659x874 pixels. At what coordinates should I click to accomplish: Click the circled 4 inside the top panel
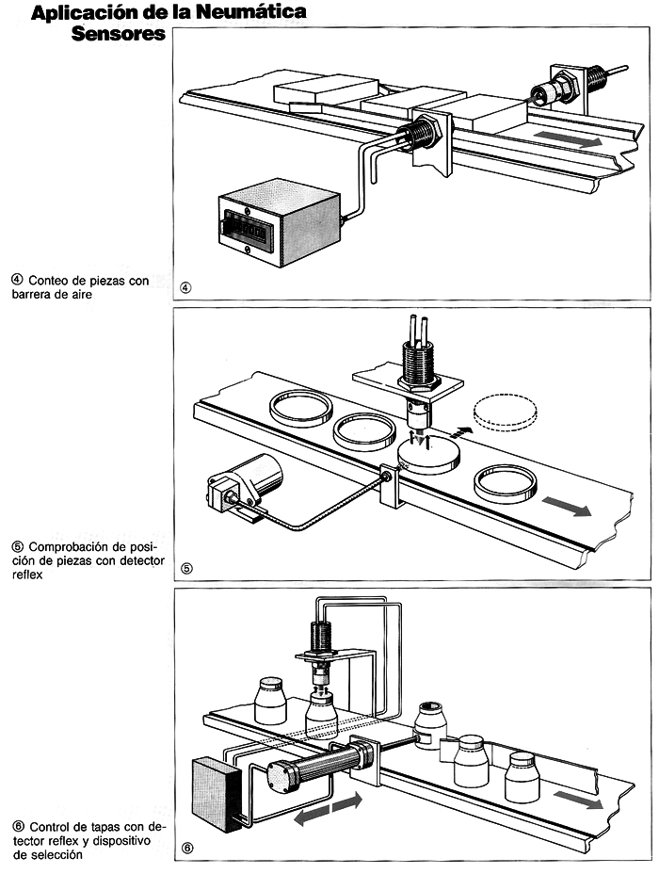tap(185, 287)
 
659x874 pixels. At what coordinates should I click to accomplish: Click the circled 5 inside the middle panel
tap(186, 568)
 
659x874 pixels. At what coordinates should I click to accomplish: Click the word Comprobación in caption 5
tap(78, 546)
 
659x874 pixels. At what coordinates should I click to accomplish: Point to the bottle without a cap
tap(432, 724)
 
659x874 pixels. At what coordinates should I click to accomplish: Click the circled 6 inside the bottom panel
tap(186, 848)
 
